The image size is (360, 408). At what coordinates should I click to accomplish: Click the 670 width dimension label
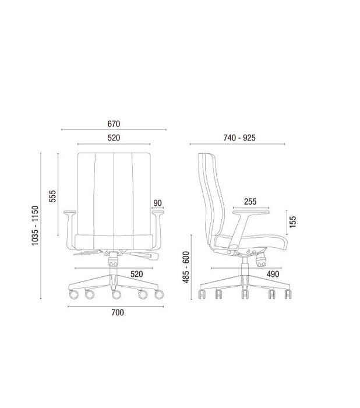[x=114, y=124]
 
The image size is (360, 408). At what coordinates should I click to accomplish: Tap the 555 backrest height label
[x=52, y=196]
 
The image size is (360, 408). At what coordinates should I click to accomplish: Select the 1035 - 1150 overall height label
[x=35, y=226]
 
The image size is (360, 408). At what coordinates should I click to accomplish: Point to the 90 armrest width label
[x=157, y=203]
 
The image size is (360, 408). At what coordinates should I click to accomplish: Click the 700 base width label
[x=118, y=312]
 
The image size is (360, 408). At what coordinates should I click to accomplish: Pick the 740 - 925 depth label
[x=239, y=138]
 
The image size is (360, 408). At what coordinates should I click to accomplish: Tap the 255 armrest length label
[x=250, y=202]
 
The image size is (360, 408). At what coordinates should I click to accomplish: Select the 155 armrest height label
[x=292, y=221]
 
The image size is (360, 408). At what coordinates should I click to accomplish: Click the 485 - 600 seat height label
[x=186, y=267]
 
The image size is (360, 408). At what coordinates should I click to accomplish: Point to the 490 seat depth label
[x=273, y=274]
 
